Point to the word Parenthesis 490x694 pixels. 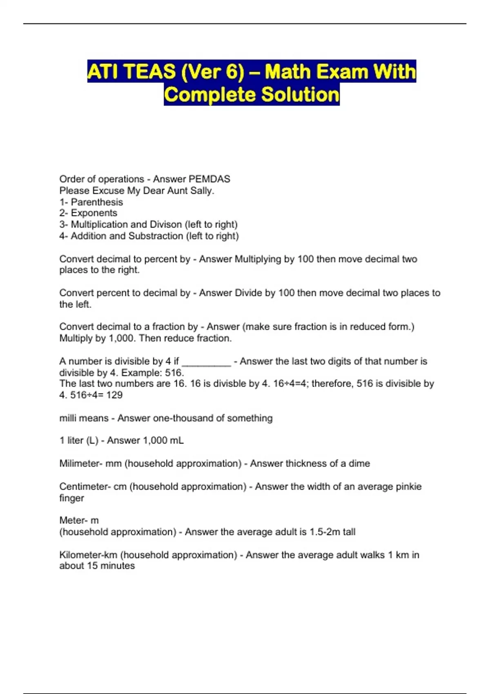97,202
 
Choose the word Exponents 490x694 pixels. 94,213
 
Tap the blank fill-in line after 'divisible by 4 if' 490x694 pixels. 206,362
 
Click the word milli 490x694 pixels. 68,418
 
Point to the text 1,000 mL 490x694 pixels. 163,440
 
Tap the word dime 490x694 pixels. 359,464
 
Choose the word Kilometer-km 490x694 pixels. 88,555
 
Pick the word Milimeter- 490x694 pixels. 81,464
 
